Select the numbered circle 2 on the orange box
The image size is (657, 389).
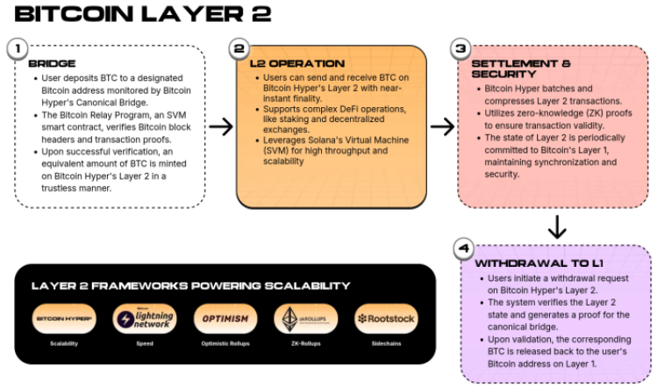coord(239,48)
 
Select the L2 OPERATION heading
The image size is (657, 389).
coord(291,63)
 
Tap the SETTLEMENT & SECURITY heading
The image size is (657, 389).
coord(521,69)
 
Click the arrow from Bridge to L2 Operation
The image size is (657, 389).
coord(221,126)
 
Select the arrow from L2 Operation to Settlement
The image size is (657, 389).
coord(443,126)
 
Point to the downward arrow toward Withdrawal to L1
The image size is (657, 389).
coord(556,227)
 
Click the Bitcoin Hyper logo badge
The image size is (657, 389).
coord(64,318)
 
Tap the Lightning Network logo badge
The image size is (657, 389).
coord(145,318)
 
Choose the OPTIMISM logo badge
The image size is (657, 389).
coord(225,318)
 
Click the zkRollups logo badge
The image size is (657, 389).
coord(306,318)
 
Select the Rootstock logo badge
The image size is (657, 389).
coord(387,318)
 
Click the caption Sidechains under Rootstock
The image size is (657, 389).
coord(387,343)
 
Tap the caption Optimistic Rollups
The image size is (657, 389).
coord(225,343)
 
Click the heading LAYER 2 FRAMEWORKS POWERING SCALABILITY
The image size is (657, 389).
coord(190,285)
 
